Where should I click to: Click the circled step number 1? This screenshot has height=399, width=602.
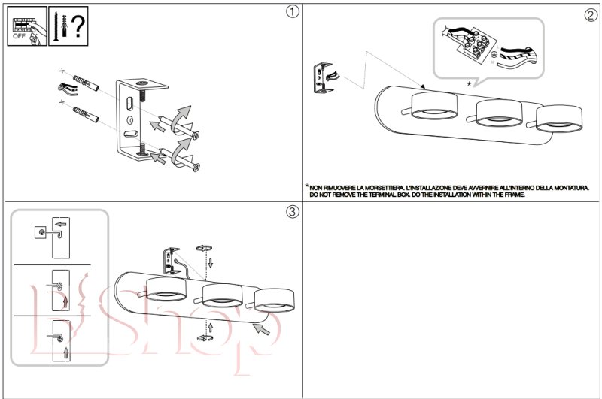pyautogui.click(x=293, y=11)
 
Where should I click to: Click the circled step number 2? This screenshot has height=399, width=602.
pyautogui.click(x=591, y=15)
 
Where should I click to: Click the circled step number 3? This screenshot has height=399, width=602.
pyautogui.click(x=293, y=211)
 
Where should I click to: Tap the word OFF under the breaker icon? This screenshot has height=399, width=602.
pyautogui.click(x=19, y=36)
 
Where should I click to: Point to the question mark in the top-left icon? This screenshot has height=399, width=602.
pyautogui.click(x=78, y=26)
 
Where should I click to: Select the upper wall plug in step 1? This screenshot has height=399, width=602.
pyautogui.click(x=86, y=83)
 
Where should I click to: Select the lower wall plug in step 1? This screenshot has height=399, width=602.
pyautogui.click(x=86, y=114)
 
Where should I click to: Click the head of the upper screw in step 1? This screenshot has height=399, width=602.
pyautogui.click(x=196, y=135)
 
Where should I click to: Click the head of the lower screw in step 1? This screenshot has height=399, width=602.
pyautogui.click(x=196, y=167)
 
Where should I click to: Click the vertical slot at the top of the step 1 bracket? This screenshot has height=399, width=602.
pyautogui.click(x=129, y=104)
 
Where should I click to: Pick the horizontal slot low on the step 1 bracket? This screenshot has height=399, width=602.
pyautogui.click(x=131, y=135)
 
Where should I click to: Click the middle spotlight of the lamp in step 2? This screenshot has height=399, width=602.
pyautogui.click(x=499, y=113)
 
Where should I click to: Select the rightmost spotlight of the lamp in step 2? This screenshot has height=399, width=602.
pyautogui.click(x=559, y=119)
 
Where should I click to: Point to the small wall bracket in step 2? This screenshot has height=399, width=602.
pyautogui.click(x=323, y=78)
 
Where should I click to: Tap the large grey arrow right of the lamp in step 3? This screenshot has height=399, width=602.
pyautogui.click(x=261, y=328)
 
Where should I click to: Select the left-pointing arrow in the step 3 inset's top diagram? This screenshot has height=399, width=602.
pyautogui.click(x=61, y=224)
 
